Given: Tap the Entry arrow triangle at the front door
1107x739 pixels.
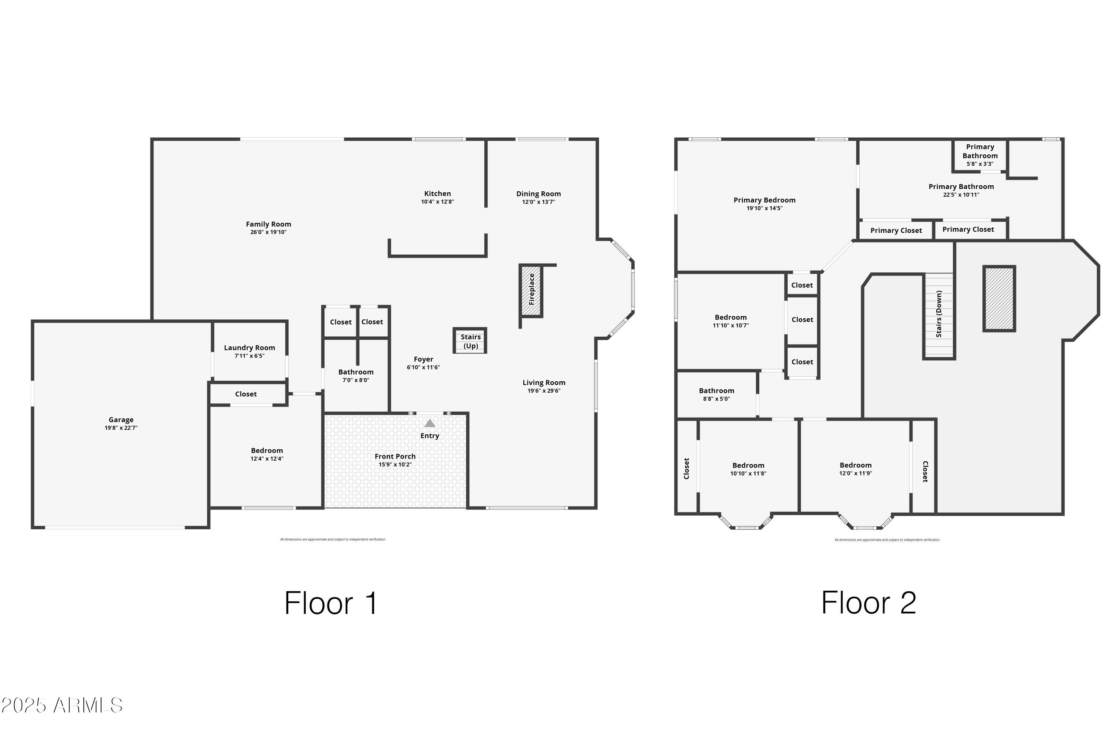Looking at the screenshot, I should (429, 423).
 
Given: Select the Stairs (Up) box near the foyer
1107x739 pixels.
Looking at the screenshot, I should (470, 341).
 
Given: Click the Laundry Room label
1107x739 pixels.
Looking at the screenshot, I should (249, 348).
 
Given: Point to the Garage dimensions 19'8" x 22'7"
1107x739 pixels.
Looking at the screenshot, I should (121, 428).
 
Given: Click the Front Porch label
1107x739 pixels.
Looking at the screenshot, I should (395, 456).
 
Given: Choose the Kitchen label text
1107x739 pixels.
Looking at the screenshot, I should (437, 194).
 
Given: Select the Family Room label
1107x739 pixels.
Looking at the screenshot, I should (268, 224).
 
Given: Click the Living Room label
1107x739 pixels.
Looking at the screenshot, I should (543, 383).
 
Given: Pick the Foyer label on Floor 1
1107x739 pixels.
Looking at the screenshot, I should (423, 359).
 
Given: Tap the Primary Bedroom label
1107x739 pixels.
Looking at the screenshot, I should (764, 200).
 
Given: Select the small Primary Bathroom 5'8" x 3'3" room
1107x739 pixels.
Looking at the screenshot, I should (980, 155).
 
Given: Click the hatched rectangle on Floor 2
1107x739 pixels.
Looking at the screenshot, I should (998, 299).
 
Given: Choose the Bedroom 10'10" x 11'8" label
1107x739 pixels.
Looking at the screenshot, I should (748, 465).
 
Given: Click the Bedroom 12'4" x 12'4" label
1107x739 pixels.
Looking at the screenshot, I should (267, 451).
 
